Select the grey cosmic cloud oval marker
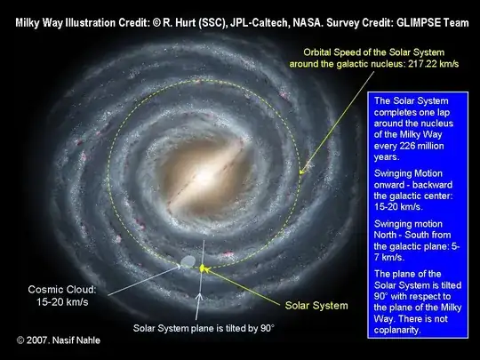click(x=188, y=262)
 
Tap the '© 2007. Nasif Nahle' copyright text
click(x=59, y=340)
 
